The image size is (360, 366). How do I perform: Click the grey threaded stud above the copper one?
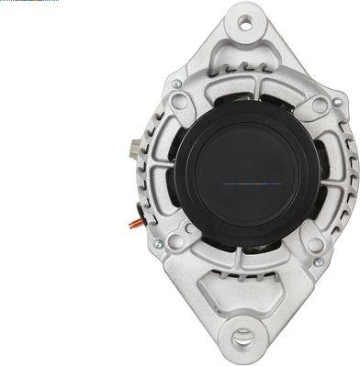pos(135,146)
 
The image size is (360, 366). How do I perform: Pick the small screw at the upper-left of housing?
pos(176,85)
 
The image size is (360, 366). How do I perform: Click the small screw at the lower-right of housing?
pos(319,262)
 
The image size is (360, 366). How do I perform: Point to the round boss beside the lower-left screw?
pos(174,244)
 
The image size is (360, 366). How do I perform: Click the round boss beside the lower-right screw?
pos(311,246)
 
